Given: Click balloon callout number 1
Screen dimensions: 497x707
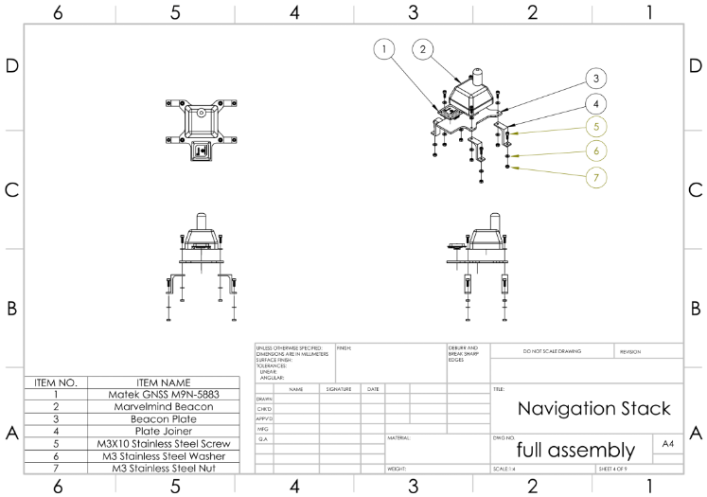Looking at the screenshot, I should (383, 48).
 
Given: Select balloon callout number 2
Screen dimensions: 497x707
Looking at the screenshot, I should (423, 48).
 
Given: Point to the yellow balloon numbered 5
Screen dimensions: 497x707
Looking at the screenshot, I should (595, 127).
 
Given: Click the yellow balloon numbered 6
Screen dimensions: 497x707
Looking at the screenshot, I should (595, 151).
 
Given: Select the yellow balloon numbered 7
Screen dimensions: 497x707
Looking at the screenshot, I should (595, 177).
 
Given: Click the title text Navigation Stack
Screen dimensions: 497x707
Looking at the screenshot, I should (593, 409).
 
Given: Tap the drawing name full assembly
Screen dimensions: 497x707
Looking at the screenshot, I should (575, 450).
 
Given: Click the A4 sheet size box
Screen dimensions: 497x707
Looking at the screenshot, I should (668, 444).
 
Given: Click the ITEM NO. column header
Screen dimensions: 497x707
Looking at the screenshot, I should (56, 382).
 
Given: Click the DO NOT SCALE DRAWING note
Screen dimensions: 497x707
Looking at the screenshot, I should (552, 351).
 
